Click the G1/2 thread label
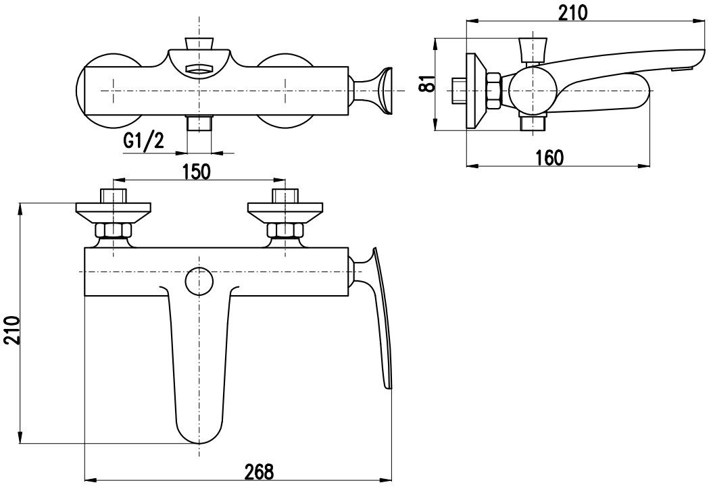pos(143,141)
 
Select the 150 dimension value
pos(197,172)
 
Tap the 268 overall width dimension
pos(259,472)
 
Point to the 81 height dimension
pos(427,83)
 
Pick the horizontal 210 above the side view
pos(572,13)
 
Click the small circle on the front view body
pos(199,281)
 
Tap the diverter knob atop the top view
pos(199,43)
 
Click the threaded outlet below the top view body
pos(199,124)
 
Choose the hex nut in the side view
pos(493,91)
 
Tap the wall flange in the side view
pos(476,91)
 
